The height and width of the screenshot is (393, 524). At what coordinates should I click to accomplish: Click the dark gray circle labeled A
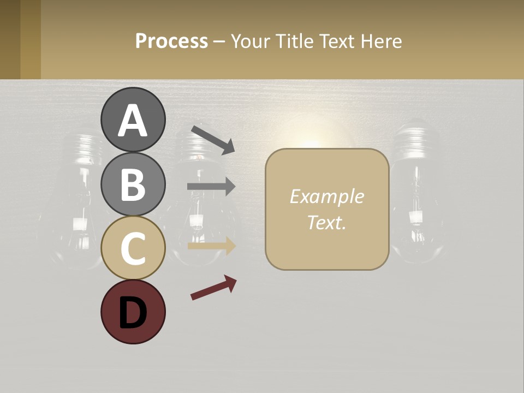point(133,120)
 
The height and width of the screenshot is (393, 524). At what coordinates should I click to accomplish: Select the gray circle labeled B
point(133,184)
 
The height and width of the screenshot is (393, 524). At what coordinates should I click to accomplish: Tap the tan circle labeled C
point(133,248)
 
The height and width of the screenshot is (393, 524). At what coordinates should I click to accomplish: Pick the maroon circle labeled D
point(133,312)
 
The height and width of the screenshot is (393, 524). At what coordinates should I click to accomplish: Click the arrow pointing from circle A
point(213,139)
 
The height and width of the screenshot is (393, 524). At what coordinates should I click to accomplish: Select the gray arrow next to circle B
point(211,187)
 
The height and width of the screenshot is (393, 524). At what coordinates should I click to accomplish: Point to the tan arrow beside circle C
point(211,246)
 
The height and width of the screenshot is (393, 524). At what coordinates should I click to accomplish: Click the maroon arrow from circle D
point(213,288)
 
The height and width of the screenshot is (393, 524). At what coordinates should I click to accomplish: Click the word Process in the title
point(171,41)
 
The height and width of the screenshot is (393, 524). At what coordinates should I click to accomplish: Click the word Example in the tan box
point(326,196)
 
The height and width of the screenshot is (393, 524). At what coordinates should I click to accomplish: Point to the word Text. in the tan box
point(326,222)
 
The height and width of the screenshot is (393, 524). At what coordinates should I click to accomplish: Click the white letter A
point(133,121)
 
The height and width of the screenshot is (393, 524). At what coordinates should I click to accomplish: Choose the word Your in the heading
point(251,41)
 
